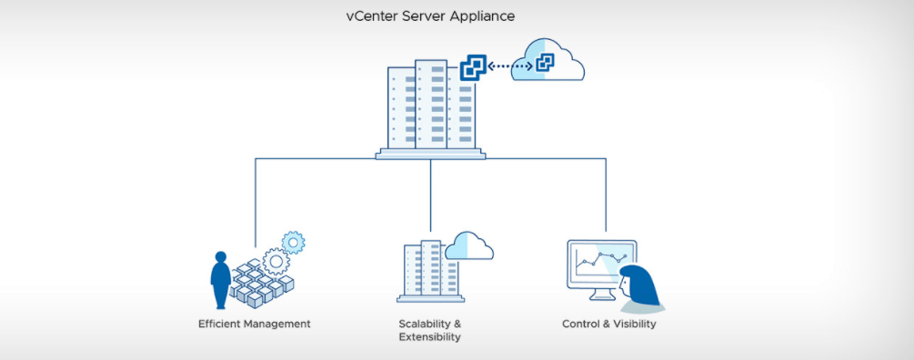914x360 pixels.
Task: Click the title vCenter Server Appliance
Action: [x=430, y=15]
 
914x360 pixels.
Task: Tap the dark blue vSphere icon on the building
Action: [x=473, y=67]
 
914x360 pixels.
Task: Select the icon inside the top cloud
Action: [x=545, y=63]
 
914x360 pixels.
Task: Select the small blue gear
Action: [x=293, y=243]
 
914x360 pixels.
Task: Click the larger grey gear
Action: [x=276, y=262]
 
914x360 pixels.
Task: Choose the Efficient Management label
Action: [x=254, y=324]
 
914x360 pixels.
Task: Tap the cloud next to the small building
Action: [x=469, y=245]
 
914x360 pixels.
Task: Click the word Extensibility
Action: [x=429, y=337]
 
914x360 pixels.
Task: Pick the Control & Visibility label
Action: [x=608, y=324]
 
